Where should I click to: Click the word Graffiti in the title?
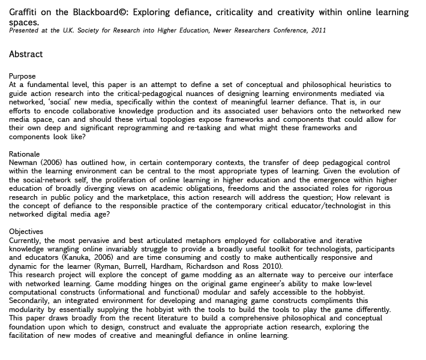23,12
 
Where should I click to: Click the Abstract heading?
26,54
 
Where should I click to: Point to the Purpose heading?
22,76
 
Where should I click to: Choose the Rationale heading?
25,154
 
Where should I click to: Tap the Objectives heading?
26,232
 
